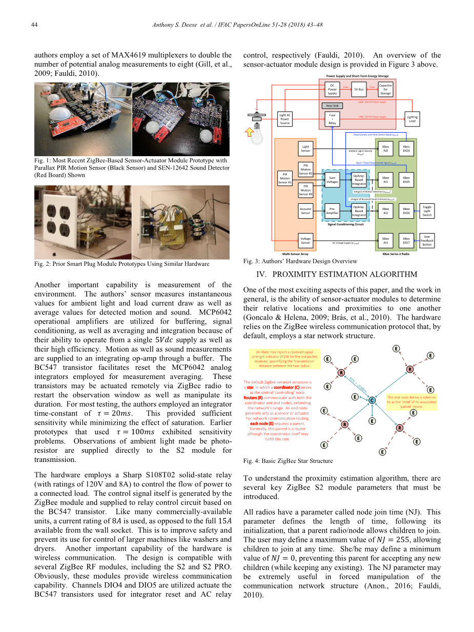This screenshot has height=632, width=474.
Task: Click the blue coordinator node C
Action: click(x=372, y=399)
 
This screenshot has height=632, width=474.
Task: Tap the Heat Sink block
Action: click(x=332, y=106)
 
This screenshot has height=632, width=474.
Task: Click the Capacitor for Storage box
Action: click(x=385, y=89)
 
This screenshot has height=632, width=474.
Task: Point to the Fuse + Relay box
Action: click(x=333, y=119)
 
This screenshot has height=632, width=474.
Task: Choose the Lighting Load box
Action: click(x=412, y=119)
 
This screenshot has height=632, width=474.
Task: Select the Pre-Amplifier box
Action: click(x=333, y=210)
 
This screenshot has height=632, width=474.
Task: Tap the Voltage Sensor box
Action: click(x=306, y=240)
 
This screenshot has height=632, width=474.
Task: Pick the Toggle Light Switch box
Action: click(x=427, y=211)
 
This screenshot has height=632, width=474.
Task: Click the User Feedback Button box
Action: click(x=427, y=241)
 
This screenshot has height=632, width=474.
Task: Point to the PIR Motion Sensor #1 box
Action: click(x=285, y=178)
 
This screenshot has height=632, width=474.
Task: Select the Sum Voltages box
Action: click(x=333, y=179)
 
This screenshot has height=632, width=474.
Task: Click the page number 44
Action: click(x=35, y=25)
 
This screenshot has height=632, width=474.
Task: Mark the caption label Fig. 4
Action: click(x=251, y=461)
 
